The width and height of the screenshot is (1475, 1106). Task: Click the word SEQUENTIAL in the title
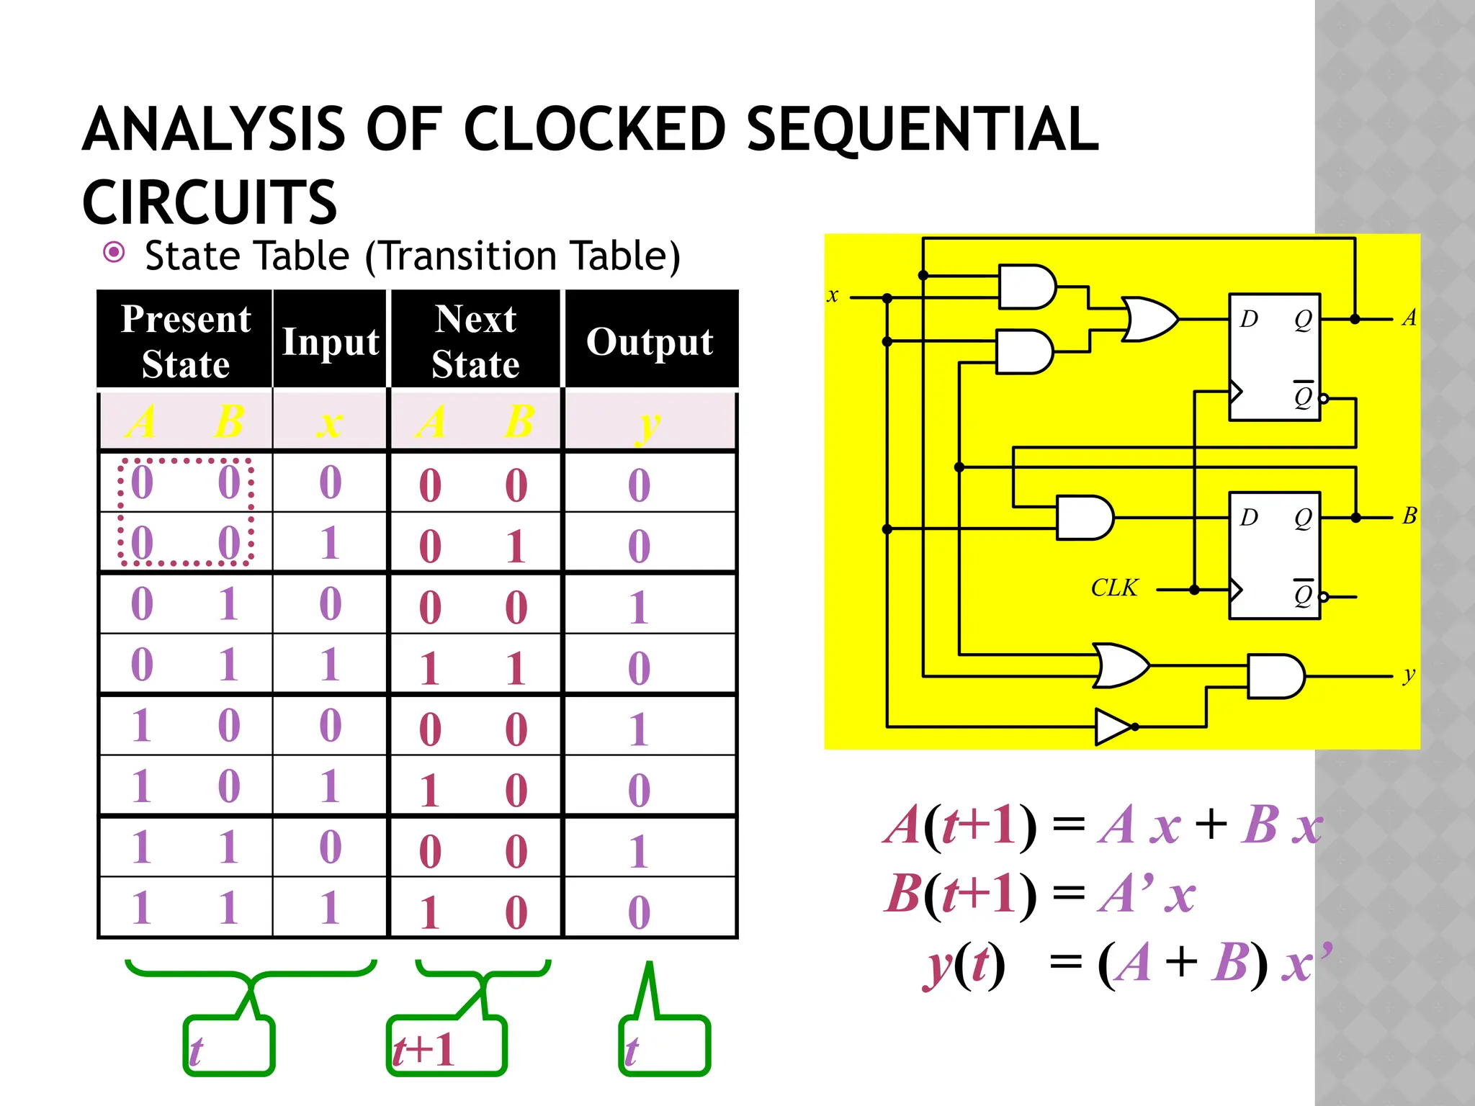[922, 130]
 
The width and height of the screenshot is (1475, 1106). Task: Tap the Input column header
[330, 341]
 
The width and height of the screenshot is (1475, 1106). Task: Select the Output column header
[650, 341]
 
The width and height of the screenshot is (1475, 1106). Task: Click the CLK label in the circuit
[1113, 588]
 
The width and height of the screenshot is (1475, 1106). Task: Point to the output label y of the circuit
[1409, 675]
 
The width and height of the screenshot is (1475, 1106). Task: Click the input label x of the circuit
[833, 295]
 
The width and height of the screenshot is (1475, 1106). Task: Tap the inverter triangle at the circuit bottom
[1113, 727]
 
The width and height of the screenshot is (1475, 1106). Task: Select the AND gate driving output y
[1275, 676]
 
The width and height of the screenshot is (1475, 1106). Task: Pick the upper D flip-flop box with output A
[1274, 357]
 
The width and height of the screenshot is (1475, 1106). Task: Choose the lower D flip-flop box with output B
[1274, 555]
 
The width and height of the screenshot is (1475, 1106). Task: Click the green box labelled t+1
[447, 1046]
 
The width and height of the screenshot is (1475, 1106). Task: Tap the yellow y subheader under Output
[648, 423]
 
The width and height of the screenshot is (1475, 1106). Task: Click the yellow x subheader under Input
[330, 423]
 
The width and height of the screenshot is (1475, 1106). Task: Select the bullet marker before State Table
[114, 253]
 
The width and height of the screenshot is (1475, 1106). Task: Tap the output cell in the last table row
[639, 911]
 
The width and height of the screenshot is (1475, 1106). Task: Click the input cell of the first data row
[330, 482]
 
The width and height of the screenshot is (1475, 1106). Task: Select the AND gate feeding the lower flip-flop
[1084, 517]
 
